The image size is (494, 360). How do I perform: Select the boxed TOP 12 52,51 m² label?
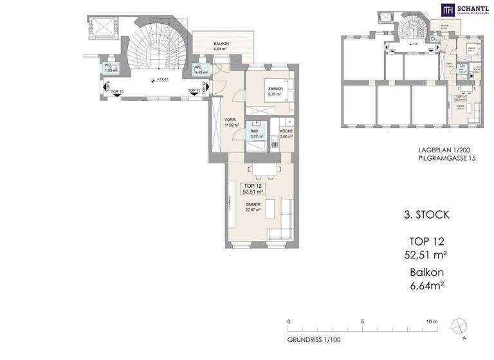tap(252, 188)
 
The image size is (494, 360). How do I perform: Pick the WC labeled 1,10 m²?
tap(199, 69)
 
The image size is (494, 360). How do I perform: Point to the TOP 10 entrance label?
tap(118, 92)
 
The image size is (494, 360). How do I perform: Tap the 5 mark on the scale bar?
tap(363, 321)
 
